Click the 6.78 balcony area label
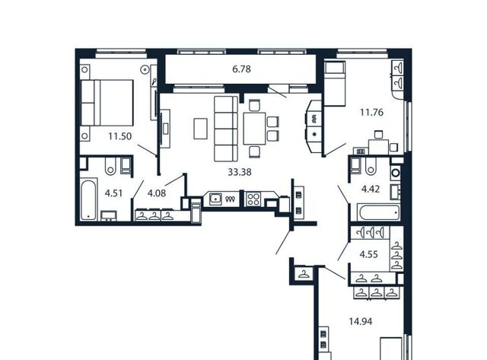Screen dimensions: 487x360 coord(241,69)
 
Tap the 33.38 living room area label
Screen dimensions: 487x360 coord(240,172)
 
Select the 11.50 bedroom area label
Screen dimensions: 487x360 coord(120,136)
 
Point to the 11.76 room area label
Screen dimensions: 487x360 coord(371,112)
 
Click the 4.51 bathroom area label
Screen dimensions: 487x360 coord(113,193)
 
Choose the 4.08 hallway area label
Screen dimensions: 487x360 coord(157,193)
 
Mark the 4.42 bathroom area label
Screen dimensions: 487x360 coord(371,189)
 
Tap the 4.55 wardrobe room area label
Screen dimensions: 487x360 coord(368,254)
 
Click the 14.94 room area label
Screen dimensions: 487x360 coord(360,321)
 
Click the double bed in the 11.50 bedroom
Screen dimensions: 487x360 coord(107,103)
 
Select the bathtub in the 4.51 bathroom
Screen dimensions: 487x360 coord(88,200)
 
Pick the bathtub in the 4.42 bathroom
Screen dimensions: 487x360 coord(379,212)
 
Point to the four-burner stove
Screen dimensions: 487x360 coord(253,199)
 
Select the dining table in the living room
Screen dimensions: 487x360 coord(254,129)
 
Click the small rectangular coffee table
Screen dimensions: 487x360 coord(200,129)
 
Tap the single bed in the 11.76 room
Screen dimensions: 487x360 coord(335,84)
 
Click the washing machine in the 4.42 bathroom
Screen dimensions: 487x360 coord(396,173)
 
